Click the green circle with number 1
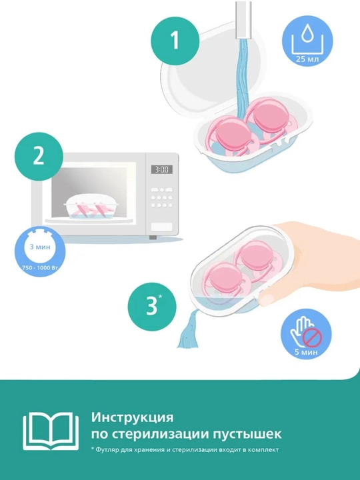[x=175, y=40]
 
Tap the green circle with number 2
[x=39, y=156]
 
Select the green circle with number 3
[x=152, y=307]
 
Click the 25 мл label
[x=307, y=59]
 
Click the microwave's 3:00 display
[x=161, y=169]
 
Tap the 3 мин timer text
[x=40, y=247]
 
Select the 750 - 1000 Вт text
[x=40, y=267]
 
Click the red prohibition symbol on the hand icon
[x=312, y=337]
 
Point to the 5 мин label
[x=306, y=352]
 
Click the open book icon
[x=51, y=431]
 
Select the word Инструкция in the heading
[x=132, y=417]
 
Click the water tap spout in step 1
[x=244, y=19]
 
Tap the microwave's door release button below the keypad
[x=161, y=227]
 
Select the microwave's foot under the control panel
[x=153, y=237]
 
